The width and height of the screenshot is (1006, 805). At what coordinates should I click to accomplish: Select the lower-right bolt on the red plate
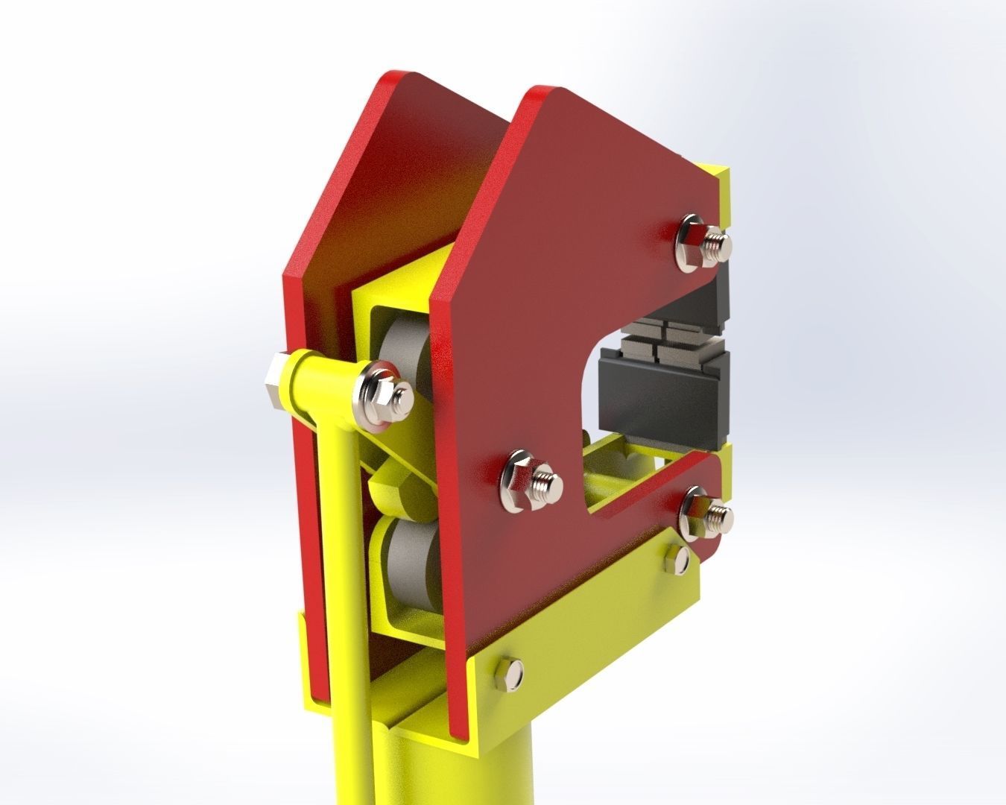point(705,513)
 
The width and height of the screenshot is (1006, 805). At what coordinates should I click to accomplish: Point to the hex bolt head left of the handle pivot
point(273,382)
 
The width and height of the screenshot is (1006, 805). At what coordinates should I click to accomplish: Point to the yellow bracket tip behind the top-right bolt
point(720,186)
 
